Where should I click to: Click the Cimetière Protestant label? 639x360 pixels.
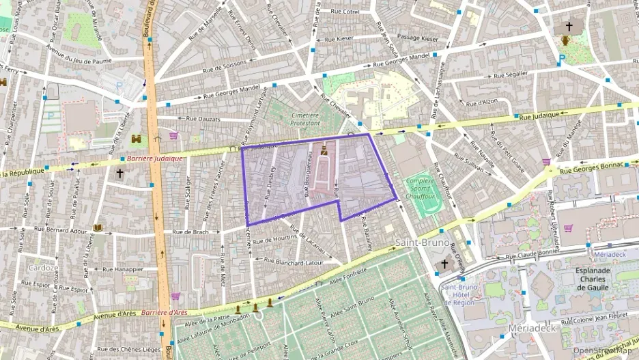point(305,119)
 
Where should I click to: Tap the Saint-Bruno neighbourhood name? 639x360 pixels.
point(422,243)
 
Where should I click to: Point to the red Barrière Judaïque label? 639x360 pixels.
point(155,158)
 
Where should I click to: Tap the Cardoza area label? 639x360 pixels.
point(42,267)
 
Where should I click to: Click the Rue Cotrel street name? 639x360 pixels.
point(345,12)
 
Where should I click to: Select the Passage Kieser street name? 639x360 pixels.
point(418,38)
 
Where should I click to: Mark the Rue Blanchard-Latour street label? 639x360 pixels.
point(294,262)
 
